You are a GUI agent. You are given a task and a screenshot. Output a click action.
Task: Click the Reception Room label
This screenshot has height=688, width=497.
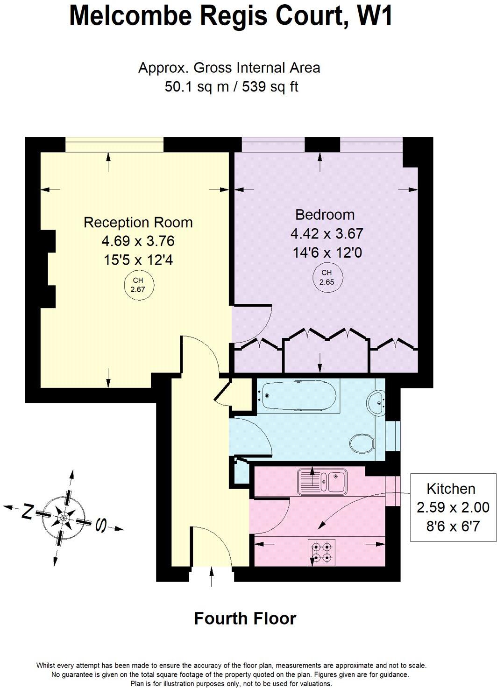138,222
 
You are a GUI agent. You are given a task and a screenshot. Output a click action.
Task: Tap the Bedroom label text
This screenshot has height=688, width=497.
325,215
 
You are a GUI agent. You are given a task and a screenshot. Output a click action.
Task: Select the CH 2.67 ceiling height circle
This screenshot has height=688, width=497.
138,285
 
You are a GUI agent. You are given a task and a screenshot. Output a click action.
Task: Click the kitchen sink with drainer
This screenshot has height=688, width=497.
322,481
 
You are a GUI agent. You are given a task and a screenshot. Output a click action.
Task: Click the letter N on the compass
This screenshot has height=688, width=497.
28,512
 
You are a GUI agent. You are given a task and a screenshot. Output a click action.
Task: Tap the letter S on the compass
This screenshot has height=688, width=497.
100,526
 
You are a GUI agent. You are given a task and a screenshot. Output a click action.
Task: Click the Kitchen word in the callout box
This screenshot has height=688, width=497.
451,489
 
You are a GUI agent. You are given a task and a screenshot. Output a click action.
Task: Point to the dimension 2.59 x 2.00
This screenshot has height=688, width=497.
453,507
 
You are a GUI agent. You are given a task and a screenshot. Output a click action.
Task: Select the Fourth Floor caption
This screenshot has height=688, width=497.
245,618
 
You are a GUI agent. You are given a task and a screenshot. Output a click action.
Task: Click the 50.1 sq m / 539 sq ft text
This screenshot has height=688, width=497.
231,86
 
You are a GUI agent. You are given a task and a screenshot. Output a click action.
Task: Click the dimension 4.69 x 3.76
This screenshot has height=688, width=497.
138,241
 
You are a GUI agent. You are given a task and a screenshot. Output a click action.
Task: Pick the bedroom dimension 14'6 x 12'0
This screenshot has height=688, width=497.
327,253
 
